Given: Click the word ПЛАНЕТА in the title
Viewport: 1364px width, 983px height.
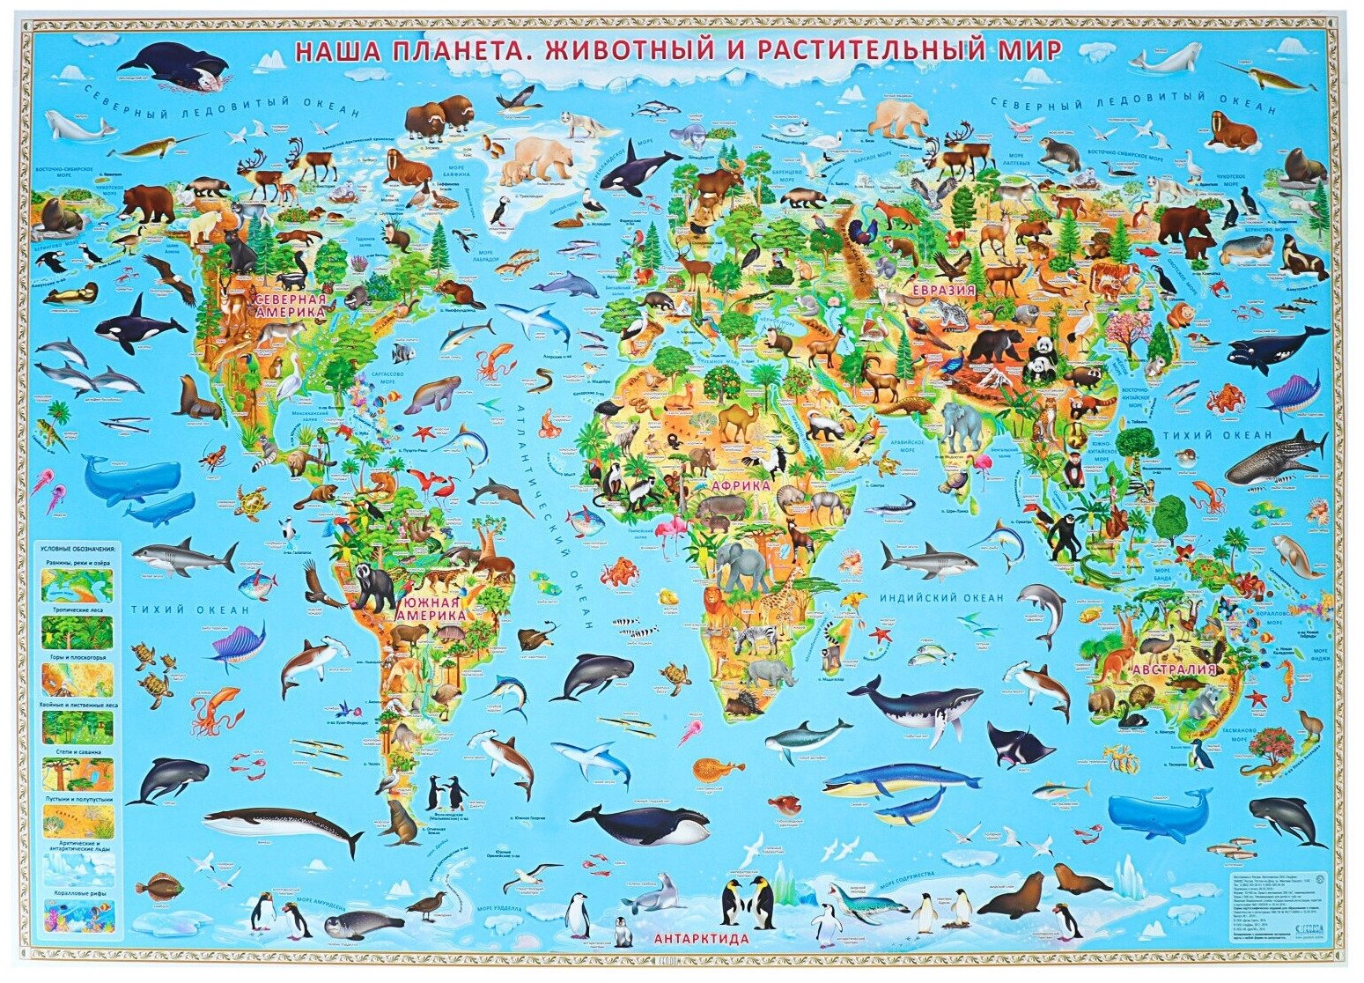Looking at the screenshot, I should pyautogui.click(x=457, y=50).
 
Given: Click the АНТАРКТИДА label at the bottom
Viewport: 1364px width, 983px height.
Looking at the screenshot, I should pyautogui.click(x=702, y=938).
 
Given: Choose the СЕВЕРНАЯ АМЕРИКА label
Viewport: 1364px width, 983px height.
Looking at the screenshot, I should pyautogui.click(x=290, y=307).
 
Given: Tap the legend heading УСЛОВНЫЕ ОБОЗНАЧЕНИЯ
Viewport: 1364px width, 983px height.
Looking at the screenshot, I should pyautogui.click(x=77, y=548).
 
